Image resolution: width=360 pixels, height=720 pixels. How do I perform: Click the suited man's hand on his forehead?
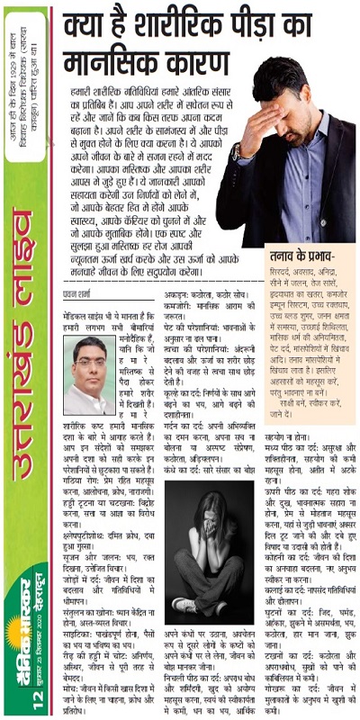point(280,91)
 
